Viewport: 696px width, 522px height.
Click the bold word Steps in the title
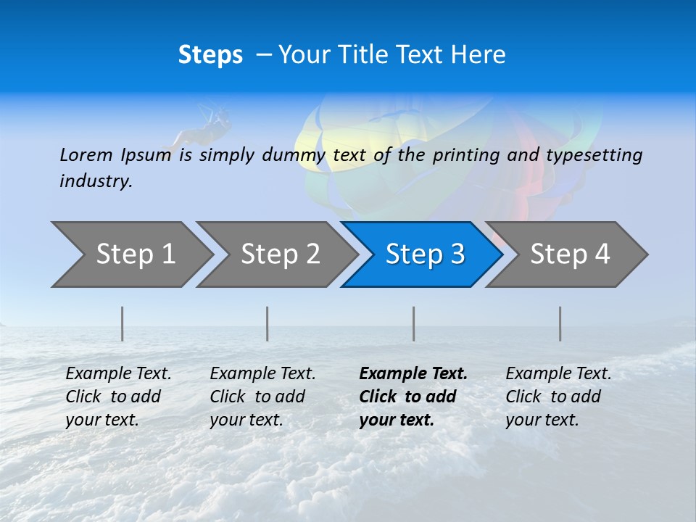pyautogui.click(x=210, y=55)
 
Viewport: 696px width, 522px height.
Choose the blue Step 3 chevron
pyautogui.click(x=423, y=254)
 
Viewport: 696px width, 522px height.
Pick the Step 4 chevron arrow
pyautogui.click(x=568, y=254)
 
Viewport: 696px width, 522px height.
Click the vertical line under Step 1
pyautogui.click(x=123, y=323)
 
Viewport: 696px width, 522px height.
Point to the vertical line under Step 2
pyautogui.click(x=268, y=323)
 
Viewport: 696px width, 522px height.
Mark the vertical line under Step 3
pyautogui.click(x=414, y=323)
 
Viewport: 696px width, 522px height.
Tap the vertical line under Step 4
pyautogui.click(x=560, y=323)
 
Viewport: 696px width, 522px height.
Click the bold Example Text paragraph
pyautogui.click(x=413, y=397)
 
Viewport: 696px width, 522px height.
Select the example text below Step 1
pyautogui.click(x=118, y=397)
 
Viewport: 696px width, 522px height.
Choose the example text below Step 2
pyautogui.click(x=262, y=397)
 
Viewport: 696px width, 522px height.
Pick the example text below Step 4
pyautogui.click(x=558, y=397)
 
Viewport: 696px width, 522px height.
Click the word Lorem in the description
pyautogui.click(x=86, y=154)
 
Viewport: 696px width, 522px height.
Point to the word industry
pyautogui.click(x=95, y=181)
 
